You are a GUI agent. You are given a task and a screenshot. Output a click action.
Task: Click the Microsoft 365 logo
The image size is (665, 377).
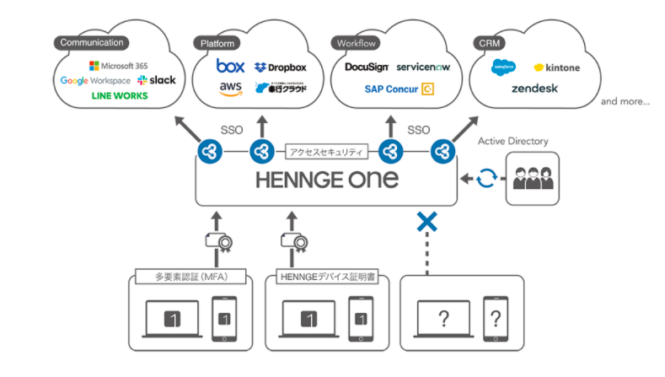[117, 65]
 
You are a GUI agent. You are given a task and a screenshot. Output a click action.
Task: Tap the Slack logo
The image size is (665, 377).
[157, 80]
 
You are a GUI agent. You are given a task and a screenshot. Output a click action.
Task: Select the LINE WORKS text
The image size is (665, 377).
[119, 95]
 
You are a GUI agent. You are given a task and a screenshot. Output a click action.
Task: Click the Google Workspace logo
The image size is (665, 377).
[95, 80]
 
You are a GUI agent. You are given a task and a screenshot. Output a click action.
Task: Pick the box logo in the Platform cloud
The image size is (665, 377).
[229, 65]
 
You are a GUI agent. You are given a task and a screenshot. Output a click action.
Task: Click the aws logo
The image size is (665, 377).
[230, 88]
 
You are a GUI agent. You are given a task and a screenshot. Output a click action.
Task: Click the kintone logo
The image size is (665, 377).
[556, 67]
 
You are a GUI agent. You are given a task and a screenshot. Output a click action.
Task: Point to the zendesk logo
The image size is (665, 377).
[534, 88]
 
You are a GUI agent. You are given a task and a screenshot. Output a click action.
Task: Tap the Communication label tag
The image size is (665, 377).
[92, 42]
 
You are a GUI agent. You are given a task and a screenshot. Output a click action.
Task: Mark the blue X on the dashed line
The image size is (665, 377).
[427, 222]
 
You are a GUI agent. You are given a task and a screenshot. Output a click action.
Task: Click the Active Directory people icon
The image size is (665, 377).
[535, 180]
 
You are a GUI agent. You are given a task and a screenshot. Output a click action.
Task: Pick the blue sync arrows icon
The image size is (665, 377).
[486, 180]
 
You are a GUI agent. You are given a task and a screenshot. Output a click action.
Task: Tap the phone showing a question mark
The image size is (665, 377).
[496, 320]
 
